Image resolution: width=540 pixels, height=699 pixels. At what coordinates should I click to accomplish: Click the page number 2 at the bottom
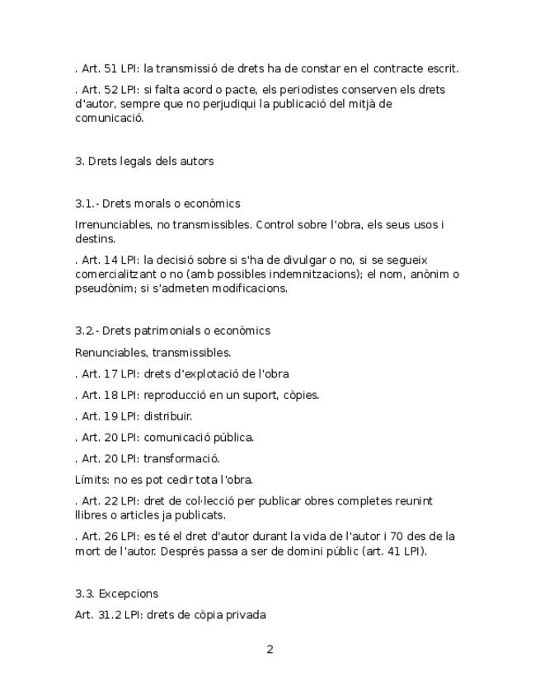[x=270, y=650]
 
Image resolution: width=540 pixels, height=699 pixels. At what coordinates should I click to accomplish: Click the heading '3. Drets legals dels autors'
[x=144, y=161]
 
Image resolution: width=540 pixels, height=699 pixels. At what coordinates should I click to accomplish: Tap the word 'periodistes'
[x=302, y=90]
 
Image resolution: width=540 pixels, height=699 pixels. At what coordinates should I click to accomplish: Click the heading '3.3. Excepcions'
[x=116, y=593]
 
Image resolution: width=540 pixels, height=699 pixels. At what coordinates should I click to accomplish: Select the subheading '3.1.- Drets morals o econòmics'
[x=157, y=204]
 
